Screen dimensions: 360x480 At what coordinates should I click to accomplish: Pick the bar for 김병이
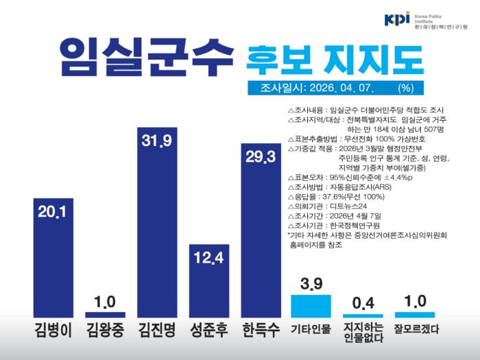53,261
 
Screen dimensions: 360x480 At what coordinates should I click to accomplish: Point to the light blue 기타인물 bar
311,306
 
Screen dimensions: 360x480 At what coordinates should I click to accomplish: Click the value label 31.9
157,141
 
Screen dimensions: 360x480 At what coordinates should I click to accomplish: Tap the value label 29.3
261,157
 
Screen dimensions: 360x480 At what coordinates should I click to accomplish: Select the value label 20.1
53,212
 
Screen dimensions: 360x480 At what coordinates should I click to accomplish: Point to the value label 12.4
209,259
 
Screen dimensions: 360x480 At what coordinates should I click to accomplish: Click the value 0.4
363,303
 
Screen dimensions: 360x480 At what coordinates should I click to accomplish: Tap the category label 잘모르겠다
416,329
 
